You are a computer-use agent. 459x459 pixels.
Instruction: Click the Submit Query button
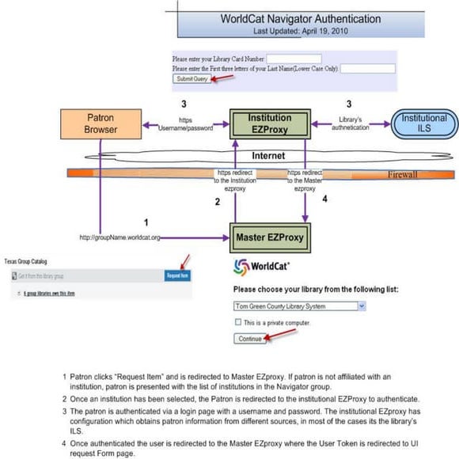click(x=190, y=79)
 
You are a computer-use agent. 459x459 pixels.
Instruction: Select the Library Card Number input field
click(x=294, y=59)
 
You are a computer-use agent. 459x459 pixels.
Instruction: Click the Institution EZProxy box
click(x=270, y=123)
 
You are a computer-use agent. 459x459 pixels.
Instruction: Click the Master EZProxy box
click(x=270, y=236)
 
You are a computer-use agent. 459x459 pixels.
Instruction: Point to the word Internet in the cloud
click(x=267, y=156)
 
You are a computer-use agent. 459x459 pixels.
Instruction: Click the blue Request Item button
click(x=176, y=275)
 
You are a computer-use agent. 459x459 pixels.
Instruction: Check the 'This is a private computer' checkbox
click(x=239, y=322)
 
